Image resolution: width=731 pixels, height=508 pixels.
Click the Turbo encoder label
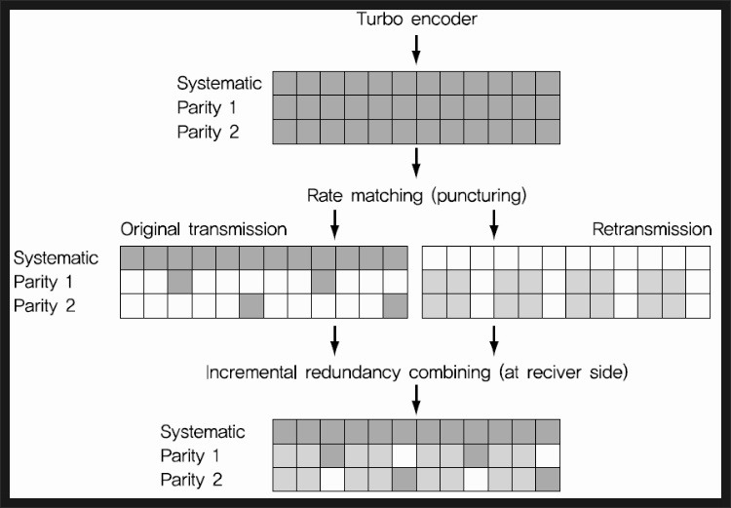pyautogui.click(x=417, y=19)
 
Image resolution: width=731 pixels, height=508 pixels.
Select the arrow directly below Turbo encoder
pyautogui.click(x=417, y=49)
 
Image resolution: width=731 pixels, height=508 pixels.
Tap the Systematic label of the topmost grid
pyautogui.click(x=219, y=83)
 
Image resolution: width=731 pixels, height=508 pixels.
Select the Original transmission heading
pyautogui.click(x=204, y=230)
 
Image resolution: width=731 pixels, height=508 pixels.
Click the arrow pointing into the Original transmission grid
pyautogui.click(x=334, y=227)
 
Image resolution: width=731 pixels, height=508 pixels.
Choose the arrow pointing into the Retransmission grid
pyautogui.click(x=493, y=227)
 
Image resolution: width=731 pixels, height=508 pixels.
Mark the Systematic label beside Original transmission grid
pyautogui.click(x=57, y=258)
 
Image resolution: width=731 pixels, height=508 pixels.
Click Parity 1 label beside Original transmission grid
pyautogui.click(x=48, y=282)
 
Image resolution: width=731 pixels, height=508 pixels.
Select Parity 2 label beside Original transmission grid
pyautogui.click(x=48, y=305)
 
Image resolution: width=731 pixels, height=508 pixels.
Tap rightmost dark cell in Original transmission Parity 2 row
pyautogui.click(x=395, y=306)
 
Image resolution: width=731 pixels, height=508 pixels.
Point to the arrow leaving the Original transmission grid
pyautogui.click(x=334, y=338)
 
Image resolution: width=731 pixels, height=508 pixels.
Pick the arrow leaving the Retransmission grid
pyautogui.click(x=493, y=338)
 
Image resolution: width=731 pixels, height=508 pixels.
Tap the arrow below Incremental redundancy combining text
pyautogui.click(x=417, y=397)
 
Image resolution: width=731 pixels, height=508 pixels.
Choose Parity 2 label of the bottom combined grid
pyautogui.click(x=193, y=479)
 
